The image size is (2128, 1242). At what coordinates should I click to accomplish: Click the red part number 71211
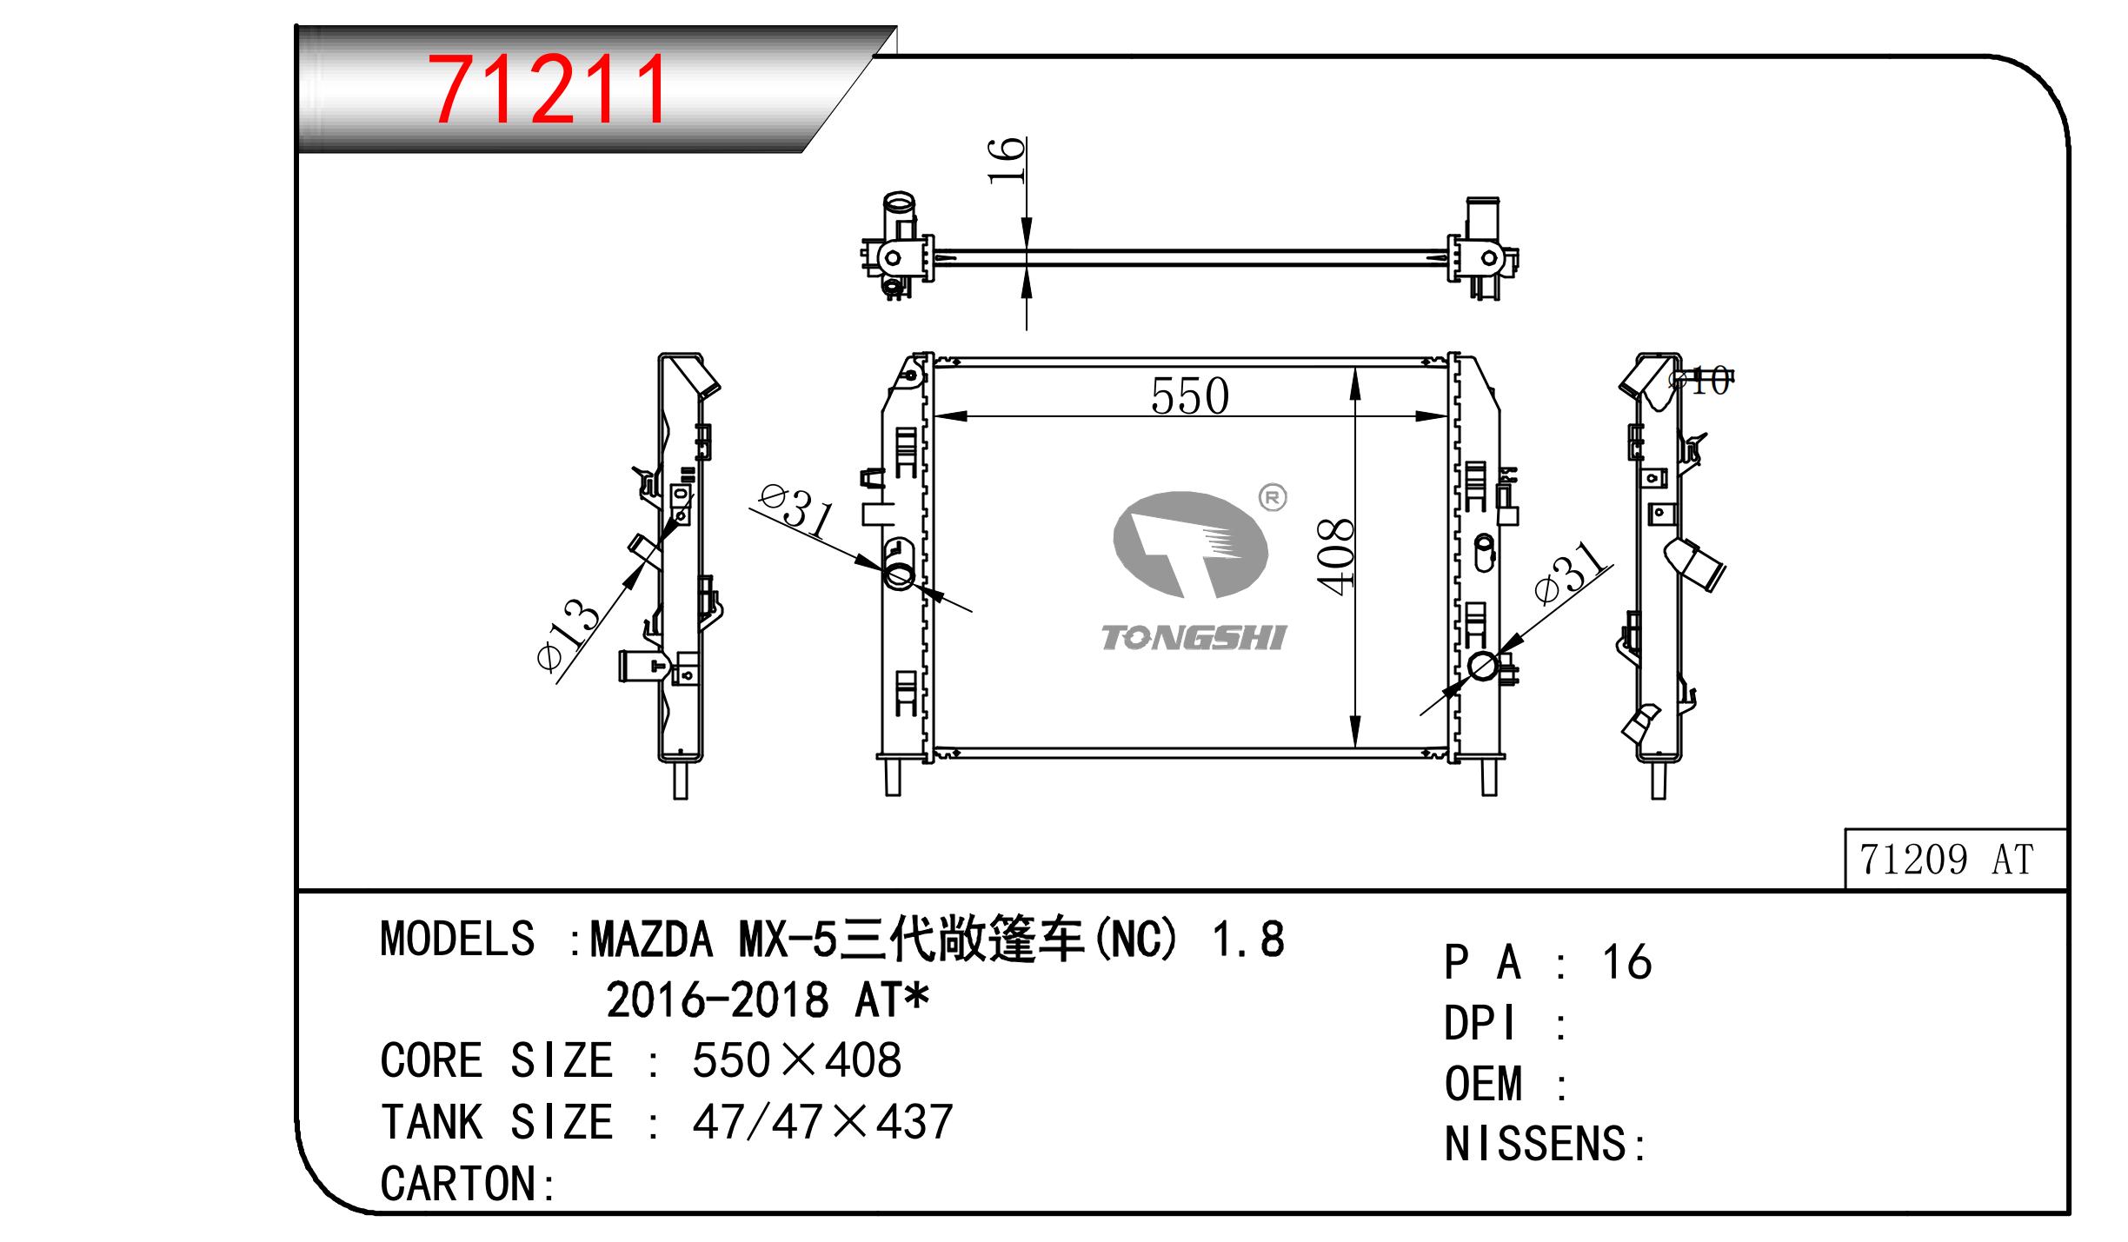coord(549,90)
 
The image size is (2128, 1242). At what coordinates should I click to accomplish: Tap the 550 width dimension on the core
coord(1189,397)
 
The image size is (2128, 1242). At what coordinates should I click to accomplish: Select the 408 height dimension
coord(1335,556)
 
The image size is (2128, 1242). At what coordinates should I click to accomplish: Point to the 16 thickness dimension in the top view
coord(1007,161)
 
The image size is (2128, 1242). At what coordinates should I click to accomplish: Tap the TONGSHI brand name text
coord(1193,638)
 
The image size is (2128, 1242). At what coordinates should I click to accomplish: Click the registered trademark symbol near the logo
coord(1273,498)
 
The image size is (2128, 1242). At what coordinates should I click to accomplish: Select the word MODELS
coord(457,940)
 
